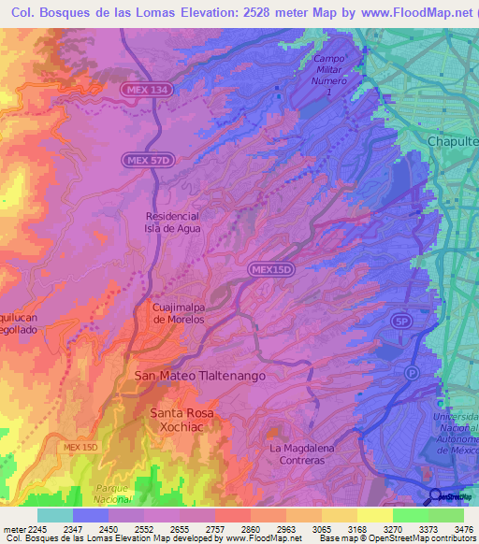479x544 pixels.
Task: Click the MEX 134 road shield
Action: pos(145,89)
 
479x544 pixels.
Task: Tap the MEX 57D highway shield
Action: pos(147,162)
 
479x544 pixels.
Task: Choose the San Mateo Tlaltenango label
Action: pos(201,375)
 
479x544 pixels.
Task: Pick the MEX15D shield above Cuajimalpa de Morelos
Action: pos(272,269)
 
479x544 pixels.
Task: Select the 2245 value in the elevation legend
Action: pos(35,529)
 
